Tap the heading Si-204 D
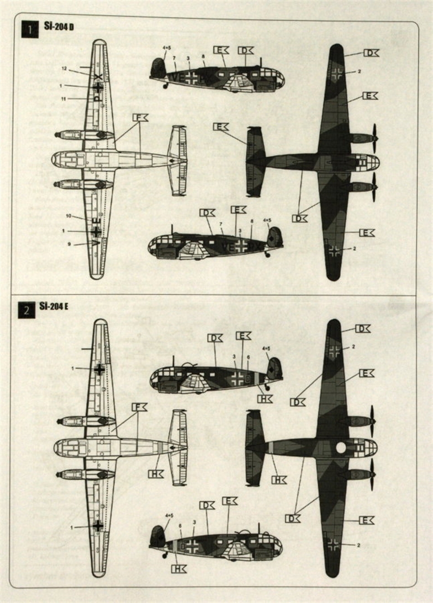pyautogui.click(x=59, y=27)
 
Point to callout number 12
pyautogui.click(x=64, y=69)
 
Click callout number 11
pyautogui.click(x=64, y=98)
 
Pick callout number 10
pyautogui.click(x=69, y=216)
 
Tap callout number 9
pyautogui.click(x=69, y=244)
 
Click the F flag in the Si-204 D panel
pyautogui.click(x=140, y=117)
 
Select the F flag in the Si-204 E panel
pyautogui.click(x=139, y=407)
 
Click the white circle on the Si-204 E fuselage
pyautogui.click(x=341, y=447)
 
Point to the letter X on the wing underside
pyautogui.click(x=98, y=76)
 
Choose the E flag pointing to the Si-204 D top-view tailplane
pyautogui.click(x=221, y=127)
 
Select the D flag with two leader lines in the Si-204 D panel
pyautogui.click(x=300, y=218)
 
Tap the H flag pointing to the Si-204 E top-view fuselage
pyautogui.click(x=279, y=480)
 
